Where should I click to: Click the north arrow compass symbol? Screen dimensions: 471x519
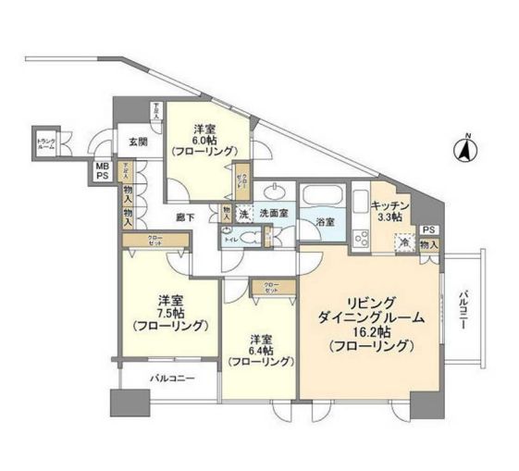pyautogui.click(x=467, y=148)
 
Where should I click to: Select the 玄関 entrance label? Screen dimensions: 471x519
pyautogui.click(x=138, y=142)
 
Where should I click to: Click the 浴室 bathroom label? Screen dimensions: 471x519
pyautogui.click(x=323, y=223)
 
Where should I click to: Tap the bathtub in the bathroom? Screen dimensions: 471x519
pyautogui.click(x=323, y=197)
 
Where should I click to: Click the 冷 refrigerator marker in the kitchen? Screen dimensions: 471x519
pyautogui.click(x=403, y=242)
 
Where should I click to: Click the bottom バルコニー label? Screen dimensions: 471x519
pyautogui.click(x=167, y=378)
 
